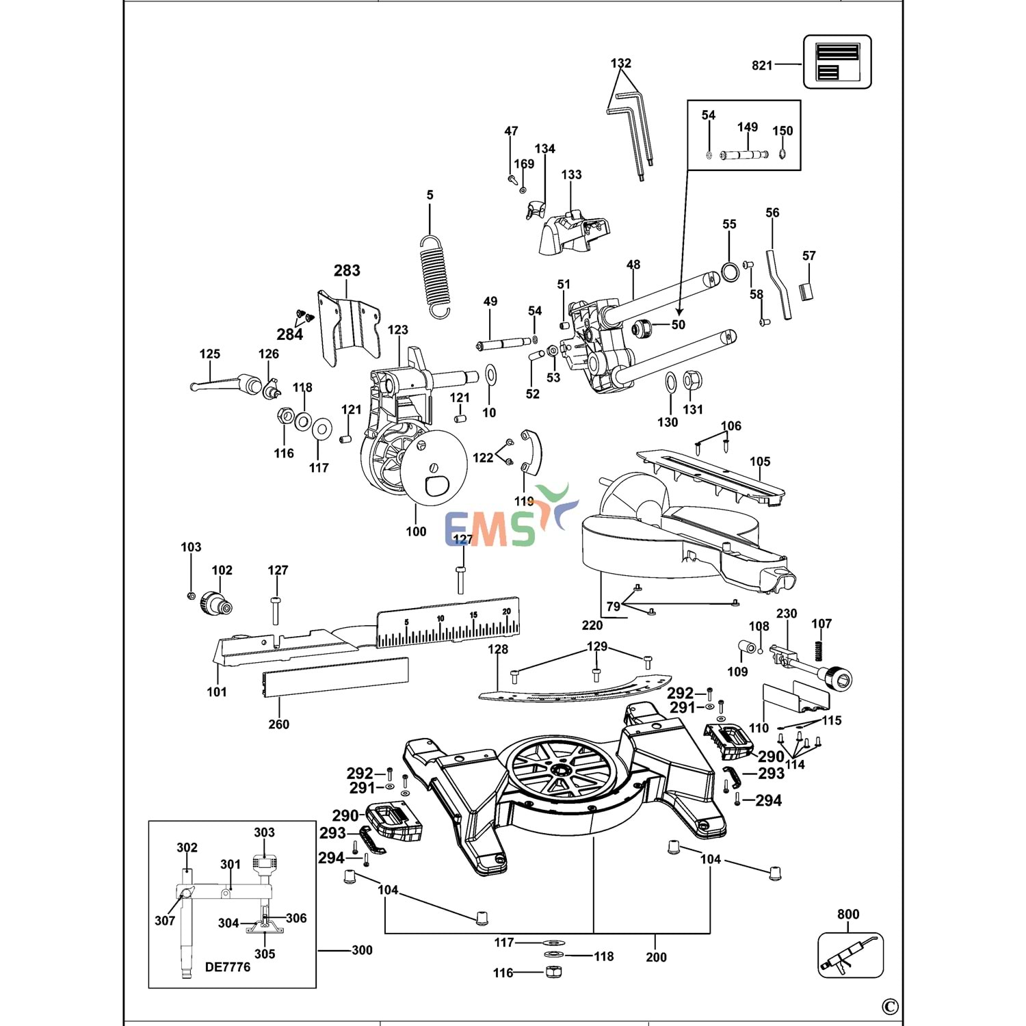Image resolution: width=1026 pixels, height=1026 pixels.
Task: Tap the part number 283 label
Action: pos(347,271)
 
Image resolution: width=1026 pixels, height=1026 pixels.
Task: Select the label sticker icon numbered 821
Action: pos(837,62)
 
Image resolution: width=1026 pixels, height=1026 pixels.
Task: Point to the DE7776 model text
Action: pos(228,967)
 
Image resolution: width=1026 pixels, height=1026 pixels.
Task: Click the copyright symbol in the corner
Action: pos(890,1007)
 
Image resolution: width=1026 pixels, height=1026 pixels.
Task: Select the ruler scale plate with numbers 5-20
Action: pos(448,624)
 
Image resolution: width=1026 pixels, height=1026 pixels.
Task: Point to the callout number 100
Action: pos(416,531)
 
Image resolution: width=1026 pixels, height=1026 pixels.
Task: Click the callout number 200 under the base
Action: pos(656,957)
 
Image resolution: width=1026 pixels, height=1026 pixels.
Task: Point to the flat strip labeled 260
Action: pos(336,677)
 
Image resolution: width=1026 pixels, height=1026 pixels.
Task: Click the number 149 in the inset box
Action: pos(748,127)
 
